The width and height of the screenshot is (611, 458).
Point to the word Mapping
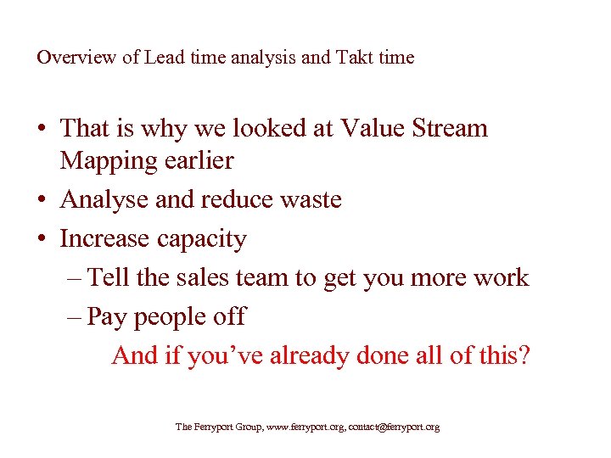click(x=109, y=160)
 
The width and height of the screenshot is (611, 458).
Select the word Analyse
click(x=106, y=200)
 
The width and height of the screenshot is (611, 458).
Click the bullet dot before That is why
click(x=42, y=130)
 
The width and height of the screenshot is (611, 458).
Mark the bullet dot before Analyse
click(x=42, y=201)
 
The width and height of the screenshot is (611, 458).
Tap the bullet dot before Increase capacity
click(x=42, y=240)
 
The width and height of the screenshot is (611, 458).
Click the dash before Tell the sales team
click(x=73, y=278)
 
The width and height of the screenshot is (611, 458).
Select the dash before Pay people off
click(x=73, y=317)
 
